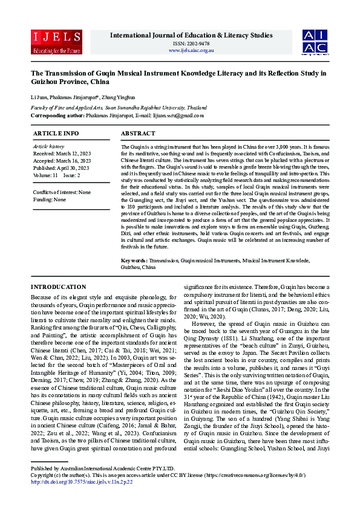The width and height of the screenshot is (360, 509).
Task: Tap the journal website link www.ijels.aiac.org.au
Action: point(191,50)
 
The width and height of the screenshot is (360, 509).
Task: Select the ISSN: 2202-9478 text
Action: point(191,44)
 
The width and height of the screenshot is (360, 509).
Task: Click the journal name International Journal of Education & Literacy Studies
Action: point(191,36)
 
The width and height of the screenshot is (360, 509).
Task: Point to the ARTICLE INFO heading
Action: point(56,133)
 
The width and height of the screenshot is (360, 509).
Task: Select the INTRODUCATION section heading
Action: point(58,287)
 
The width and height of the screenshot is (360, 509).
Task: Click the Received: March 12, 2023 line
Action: point(61,154)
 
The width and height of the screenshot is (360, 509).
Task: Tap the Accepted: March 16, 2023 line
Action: point(62,161)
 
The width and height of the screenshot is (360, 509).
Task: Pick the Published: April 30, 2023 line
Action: point(61,168)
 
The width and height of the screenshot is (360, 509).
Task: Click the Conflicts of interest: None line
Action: point(62,192)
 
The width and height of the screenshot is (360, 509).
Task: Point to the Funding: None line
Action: point(50,199)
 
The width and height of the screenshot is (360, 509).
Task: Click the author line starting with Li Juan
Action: point(81,97)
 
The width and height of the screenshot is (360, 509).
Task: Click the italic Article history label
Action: point(48,146)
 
